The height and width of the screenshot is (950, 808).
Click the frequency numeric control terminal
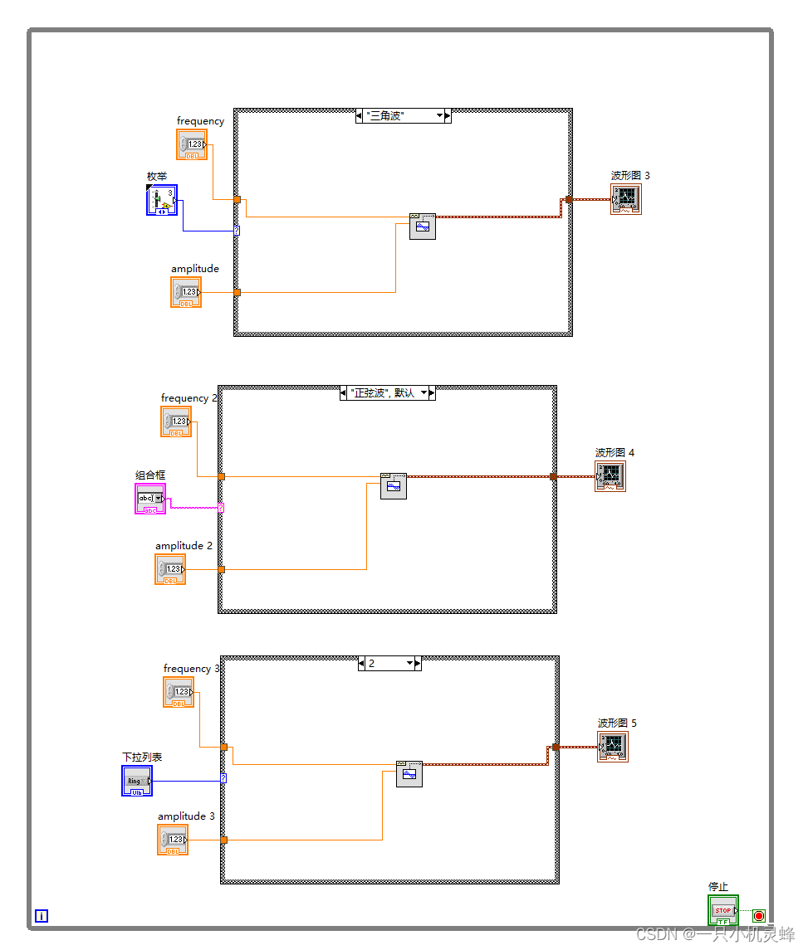(192, 145)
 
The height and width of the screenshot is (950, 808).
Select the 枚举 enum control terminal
(162, 201)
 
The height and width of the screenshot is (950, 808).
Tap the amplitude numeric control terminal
(186, 292)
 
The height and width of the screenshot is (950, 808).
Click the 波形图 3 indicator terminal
(626, 199)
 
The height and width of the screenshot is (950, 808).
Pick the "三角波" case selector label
(403, 116)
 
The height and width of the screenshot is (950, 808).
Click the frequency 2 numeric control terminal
(176, 422)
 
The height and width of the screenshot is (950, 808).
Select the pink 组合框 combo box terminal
(150, 499)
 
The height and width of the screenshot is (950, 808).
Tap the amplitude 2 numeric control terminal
(170, 569)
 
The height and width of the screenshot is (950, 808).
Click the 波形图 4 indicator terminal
(610, 476)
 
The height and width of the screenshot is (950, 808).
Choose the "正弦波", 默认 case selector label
(388, 393)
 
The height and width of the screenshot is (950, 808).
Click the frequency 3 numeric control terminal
(179, 692)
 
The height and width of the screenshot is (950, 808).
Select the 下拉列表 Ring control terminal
(137, 781)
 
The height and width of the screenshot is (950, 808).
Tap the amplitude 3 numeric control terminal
(173, 840)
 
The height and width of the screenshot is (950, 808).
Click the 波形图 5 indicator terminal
(613, 747)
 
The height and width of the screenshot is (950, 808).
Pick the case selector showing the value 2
(389, 664)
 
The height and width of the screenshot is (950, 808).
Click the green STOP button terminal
(722, 911)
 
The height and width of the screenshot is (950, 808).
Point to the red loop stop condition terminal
(758, 916)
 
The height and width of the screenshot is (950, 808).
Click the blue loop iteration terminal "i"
(42, 916)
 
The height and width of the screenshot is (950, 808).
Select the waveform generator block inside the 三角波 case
(423, 227)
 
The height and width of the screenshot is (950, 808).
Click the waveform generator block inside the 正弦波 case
(394, 486)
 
